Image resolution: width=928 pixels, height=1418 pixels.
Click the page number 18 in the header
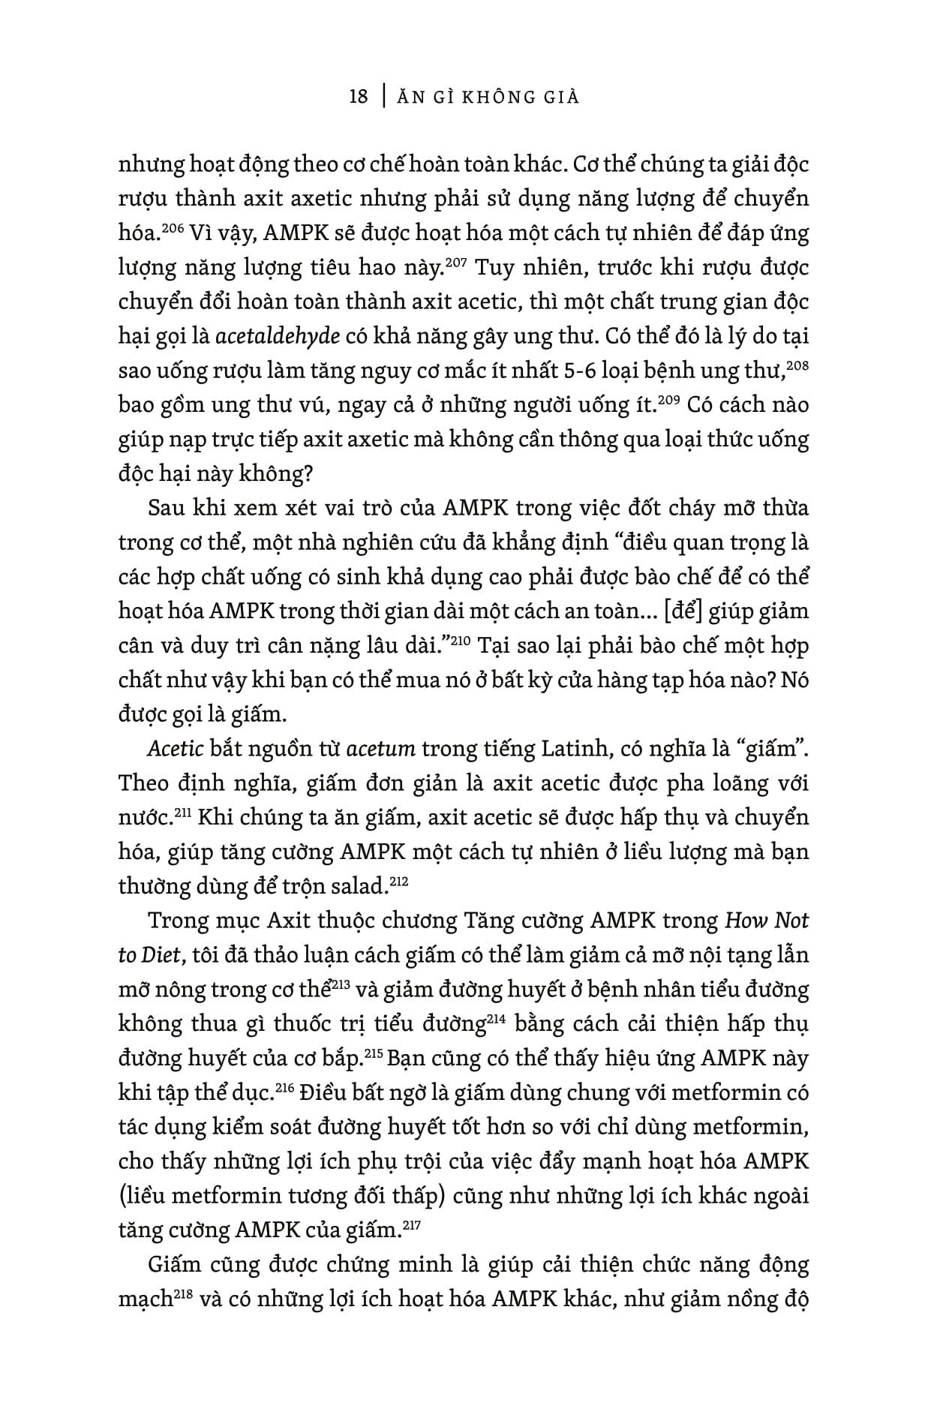tap(359, 97)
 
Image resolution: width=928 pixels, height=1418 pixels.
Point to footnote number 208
tap(798, 365)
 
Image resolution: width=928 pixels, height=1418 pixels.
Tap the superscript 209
tap(668, 399)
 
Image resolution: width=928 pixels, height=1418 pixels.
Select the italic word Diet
tap(161, 956)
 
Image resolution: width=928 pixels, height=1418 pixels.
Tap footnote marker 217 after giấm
tap(412, 1224)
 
